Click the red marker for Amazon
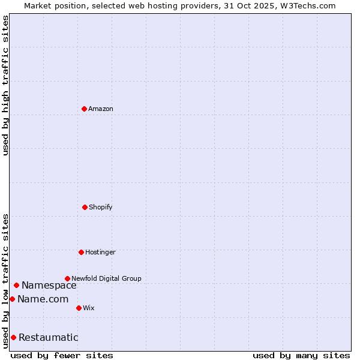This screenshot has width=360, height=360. pos(84,109)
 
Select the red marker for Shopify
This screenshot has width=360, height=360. pos(85,207)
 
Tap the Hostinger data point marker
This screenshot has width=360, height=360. pos(81,252)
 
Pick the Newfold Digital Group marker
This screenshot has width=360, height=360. pos(67,278)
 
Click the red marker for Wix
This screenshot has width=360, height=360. pos(79,308)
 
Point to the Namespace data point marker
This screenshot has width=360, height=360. pos(16,285)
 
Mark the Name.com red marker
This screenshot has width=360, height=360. pos(12,299)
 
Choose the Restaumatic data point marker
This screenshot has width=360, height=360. pos(13,337)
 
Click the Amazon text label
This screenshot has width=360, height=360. pos(101,109)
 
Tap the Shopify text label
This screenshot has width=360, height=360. pos(101,207)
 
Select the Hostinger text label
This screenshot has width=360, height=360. pos(100,252)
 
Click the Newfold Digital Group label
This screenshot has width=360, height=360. pos(106,278)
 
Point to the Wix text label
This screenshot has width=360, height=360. pos(89,308)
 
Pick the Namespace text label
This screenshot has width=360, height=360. pos(49,286)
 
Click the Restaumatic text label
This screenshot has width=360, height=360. pos(49,337)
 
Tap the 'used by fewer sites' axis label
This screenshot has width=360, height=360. pos(62,355)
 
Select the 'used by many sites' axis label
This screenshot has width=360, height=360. pos(301,355)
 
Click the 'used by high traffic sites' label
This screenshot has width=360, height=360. pos(5,85)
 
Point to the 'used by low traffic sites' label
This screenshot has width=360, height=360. pos(5,280)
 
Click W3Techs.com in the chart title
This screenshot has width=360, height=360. pos(307,5)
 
